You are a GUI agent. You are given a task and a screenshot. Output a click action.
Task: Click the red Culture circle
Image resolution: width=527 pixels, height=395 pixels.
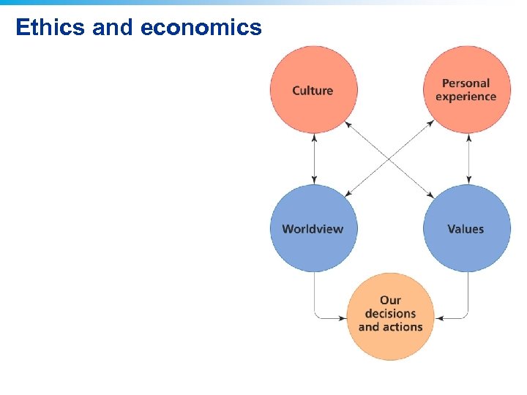(313, 90)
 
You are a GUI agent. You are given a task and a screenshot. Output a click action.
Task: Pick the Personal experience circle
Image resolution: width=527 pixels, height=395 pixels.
(466, 90)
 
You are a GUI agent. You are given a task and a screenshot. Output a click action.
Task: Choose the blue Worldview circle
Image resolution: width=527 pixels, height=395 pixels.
(313, 228)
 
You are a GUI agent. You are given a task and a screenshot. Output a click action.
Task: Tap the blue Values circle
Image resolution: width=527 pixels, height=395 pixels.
(466, 228)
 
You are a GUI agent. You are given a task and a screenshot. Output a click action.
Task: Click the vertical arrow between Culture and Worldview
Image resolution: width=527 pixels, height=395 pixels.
(314, 159)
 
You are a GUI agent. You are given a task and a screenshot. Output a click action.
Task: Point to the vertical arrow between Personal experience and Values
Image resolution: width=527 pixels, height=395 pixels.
(468, 159)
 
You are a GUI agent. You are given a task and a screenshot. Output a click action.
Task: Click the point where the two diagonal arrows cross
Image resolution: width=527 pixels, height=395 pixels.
(390, 158)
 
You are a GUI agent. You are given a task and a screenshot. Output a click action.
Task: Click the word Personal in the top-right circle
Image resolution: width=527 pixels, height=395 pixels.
(466, 83)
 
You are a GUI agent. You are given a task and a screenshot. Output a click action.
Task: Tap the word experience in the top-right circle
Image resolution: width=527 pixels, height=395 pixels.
(466, 97)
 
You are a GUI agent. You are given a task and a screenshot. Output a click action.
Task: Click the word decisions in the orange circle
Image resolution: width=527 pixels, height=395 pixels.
(390, 314)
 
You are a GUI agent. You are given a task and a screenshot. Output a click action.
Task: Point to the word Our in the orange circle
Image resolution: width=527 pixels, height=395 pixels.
(390, 300)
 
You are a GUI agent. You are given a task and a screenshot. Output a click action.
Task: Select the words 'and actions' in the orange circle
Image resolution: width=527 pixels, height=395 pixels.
(390, 327)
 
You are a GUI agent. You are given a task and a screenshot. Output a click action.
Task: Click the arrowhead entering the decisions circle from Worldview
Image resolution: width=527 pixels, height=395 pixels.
(343, 318)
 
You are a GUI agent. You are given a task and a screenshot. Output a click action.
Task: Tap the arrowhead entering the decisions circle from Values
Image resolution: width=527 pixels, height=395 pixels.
(438, 318)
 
